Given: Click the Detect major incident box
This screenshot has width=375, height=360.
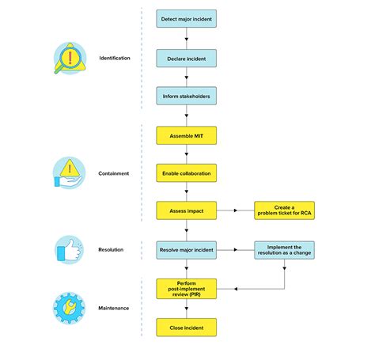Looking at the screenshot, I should tap(186, 17).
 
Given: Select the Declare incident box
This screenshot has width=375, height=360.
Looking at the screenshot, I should tap(186, 59).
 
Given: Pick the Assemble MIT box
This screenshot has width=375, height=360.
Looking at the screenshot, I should tap(186, 136).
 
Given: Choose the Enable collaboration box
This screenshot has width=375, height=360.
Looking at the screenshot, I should tap(186, 172).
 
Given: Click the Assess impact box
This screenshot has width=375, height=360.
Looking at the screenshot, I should tap(186, 210).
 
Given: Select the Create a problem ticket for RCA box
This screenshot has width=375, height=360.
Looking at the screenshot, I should tap(284, 210).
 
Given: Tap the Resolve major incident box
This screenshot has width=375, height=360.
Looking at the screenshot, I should tap(186, 249).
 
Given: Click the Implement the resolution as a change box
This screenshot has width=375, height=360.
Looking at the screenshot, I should tap(284, 249).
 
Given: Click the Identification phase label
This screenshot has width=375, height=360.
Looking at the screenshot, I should tap(115, 59).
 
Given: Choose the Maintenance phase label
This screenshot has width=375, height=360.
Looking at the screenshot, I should tap(114, 308).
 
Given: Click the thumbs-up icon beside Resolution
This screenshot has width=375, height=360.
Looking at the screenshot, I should tap(67, 249).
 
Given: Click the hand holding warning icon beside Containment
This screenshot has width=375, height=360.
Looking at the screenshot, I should tap(68, 173).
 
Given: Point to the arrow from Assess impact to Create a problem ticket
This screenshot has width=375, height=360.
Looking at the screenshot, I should tap(234, 210).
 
